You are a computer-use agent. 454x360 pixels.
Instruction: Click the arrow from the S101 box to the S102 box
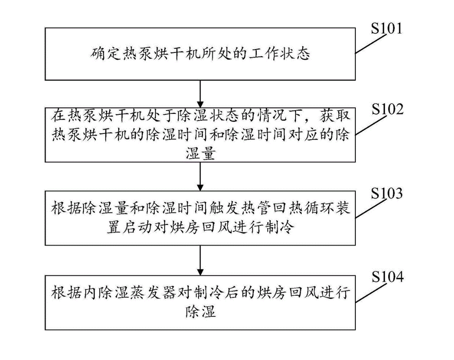[x=200, y=94]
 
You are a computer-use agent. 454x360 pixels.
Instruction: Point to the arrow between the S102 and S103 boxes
[x=200, y=176]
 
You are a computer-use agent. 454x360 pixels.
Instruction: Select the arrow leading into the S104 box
[x=200, y=258]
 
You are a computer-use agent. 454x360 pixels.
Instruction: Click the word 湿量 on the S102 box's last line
[x=200, y=154]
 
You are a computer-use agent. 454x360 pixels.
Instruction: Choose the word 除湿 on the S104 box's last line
[x=200, y=311]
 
